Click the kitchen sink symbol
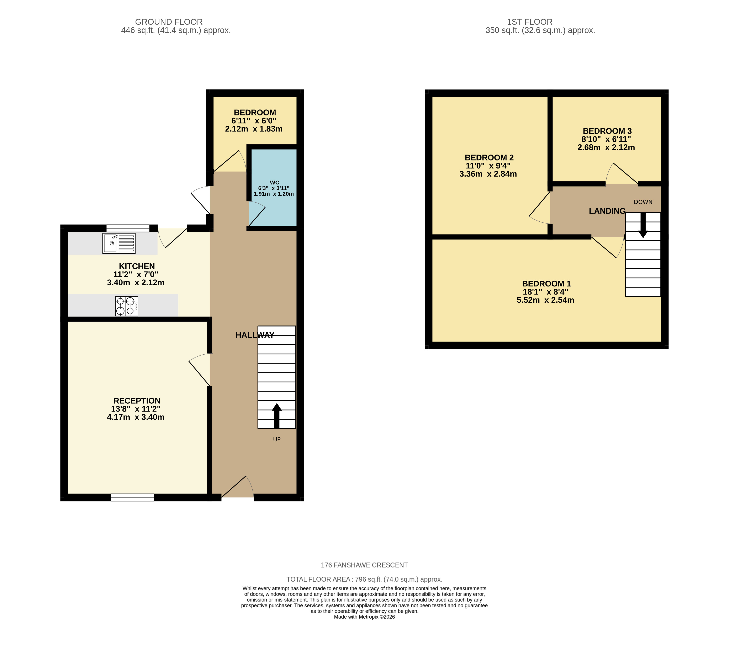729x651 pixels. tap(119, 243)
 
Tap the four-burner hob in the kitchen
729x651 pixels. tap(126, 306)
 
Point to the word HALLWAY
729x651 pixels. tap(255, 335)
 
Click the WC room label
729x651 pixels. tap(275, 182)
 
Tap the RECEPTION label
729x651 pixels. tap(137, 401)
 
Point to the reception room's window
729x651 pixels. tap(132, 497)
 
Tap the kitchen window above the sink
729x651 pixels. tap(128, 228)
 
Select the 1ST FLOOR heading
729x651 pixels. tap(530, 22)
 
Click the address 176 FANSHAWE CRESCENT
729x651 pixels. tap(364, 565)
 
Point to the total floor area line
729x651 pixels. tap(364, 579)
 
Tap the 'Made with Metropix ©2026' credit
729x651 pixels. tap(364, 617)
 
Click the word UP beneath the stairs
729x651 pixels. tap(277, 439)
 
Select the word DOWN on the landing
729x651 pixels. tap(643, 202)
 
